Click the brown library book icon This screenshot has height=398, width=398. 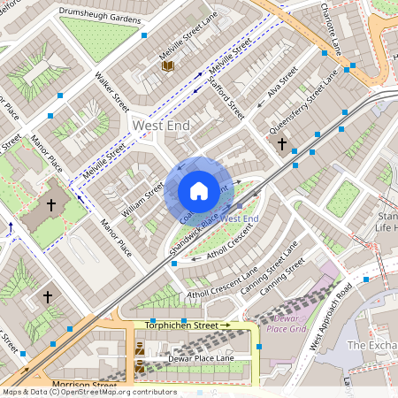(x=167, y=65)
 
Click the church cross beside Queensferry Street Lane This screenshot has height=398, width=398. (x=282, y=143)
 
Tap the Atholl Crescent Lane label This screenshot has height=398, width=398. (x=221, y=280)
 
